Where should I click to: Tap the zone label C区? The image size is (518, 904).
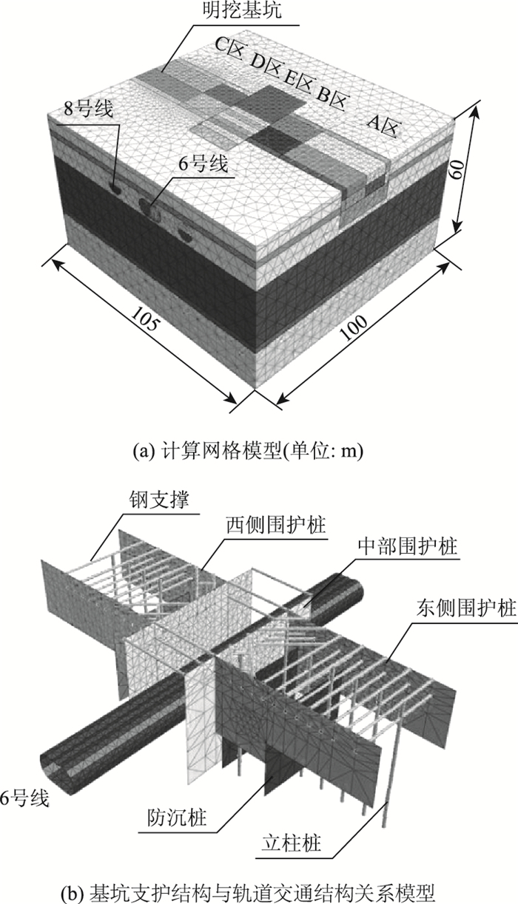click(229, 45)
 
